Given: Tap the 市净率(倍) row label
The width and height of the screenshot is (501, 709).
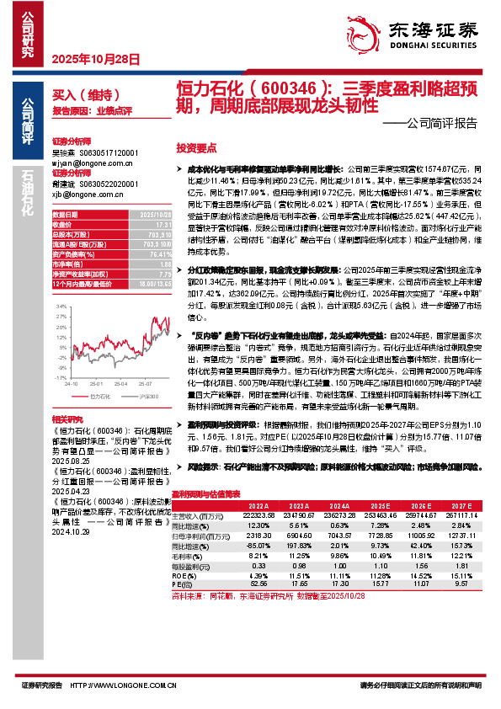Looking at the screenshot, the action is pyautogui.click(x=69, y=264).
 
